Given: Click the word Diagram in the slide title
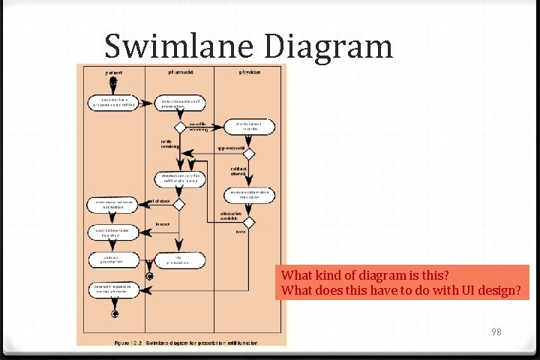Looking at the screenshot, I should pyautogui.click(x=328, y=46).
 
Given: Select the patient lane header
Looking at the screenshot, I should pyautogui.click(x=115, y=73).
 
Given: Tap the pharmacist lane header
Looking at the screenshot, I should pyautogui.click(x=181, y=72).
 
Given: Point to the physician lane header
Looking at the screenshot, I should pyautogui.click(x=250, y=72).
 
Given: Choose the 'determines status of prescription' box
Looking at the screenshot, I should pyautogui.click(x=180, y=103).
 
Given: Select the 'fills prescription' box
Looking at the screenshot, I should pyautogui.click(x=179, y=260).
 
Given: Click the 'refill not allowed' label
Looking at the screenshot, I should pyautogui.click(x=238, y=171).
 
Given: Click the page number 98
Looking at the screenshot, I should pyautogui.click(x=496, y=331).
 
